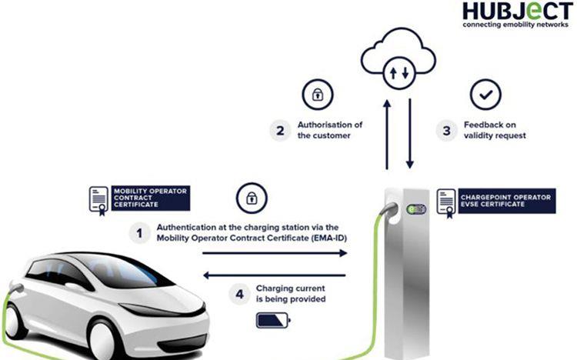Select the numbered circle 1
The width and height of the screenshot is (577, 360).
coord(139,233)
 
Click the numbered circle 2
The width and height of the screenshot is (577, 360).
coord(281,130)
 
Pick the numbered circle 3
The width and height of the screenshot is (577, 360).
coord(445,130)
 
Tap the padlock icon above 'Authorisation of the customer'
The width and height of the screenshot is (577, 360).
coord(316,95)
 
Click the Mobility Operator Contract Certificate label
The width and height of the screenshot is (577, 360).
coord(150,197)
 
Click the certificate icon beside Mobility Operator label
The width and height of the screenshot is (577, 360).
coord(99,198)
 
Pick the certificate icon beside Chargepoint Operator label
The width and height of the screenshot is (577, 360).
coord(446,201)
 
